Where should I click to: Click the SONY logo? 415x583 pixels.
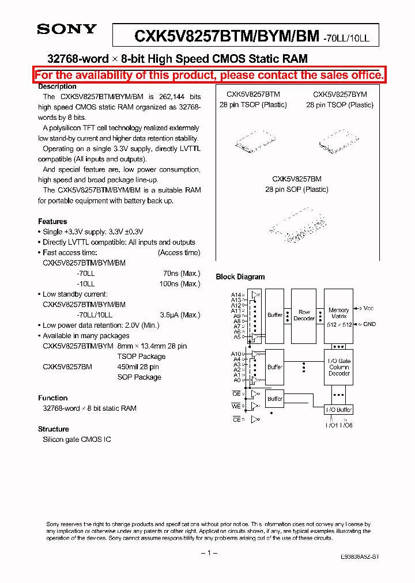tap(67, 29)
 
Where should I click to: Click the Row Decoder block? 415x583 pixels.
tap(304, 315)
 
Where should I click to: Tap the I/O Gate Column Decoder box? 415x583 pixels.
tap(339, 367)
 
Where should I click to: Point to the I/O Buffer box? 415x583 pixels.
tap(339, 410)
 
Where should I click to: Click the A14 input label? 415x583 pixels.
tap(236, 294)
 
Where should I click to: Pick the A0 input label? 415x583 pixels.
tap(236, 380)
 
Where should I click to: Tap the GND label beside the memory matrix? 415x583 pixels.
tap(369, 324)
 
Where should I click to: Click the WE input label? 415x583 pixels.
tap(236, 407)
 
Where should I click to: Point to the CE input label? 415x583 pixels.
tap(236, 420)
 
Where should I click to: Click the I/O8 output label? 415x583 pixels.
tap(346, 425)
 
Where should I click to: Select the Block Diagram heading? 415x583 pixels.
tap(240, 277)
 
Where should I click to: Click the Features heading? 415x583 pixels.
tap(52, 222)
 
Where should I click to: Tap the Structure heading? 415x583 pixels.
tap(54, 429)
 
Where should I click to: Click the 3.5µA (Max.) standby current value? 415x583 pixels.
tap(180, 315)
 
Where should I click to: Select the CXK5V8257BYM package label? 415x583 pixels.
tap(340, 94)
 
